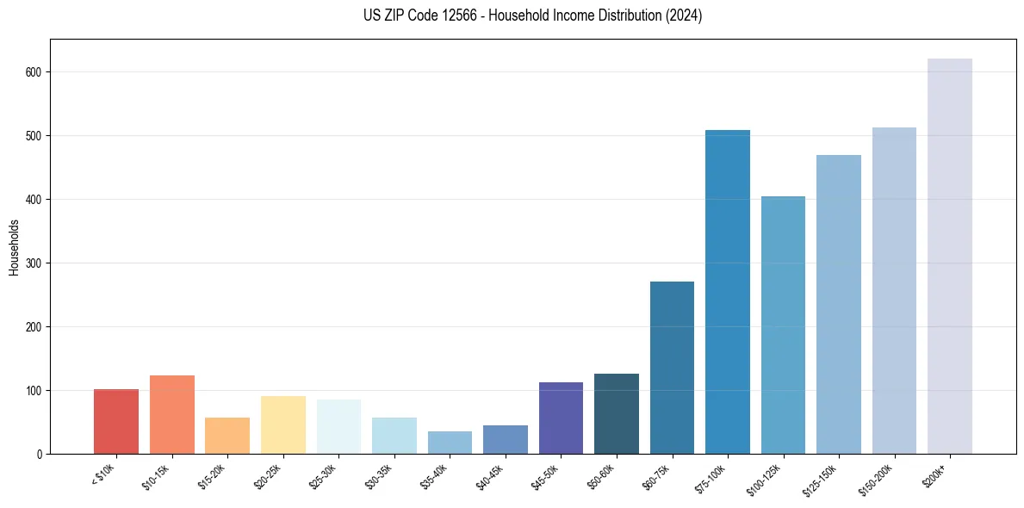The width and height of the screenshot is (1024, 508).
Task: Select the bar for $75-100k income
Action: click(x=728, y=292)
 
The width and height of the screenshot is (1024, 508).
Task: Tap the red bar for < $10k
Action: click(x=116, y=422)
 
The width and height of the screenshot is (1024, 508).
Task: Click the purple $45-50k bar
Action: click(x=561, y=418)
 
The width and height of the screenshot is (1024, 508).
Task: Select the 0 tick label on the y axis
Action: click(x=40, y=455)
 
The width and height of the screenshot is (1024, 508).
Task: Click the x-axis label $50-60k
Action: click(x=601, y=476)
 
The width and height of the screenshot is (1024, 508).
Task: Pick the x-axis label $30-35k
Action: click(x=379, y=476)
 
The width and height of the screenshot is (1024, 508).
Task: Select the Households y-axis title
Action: click(x=15, y=247)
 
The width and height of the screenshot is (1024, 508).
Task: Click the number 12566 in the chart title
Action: click(x=462, y=15)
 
